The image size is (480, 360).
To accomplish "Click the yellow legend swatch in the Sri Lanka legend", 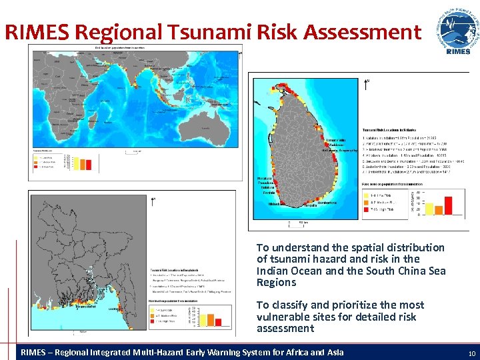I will [367, 195].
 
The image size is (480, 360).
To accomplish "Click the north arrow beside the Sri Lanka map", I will [365, 85].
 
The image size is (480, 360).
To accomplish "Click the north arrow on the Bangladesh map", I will [154, 199].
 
